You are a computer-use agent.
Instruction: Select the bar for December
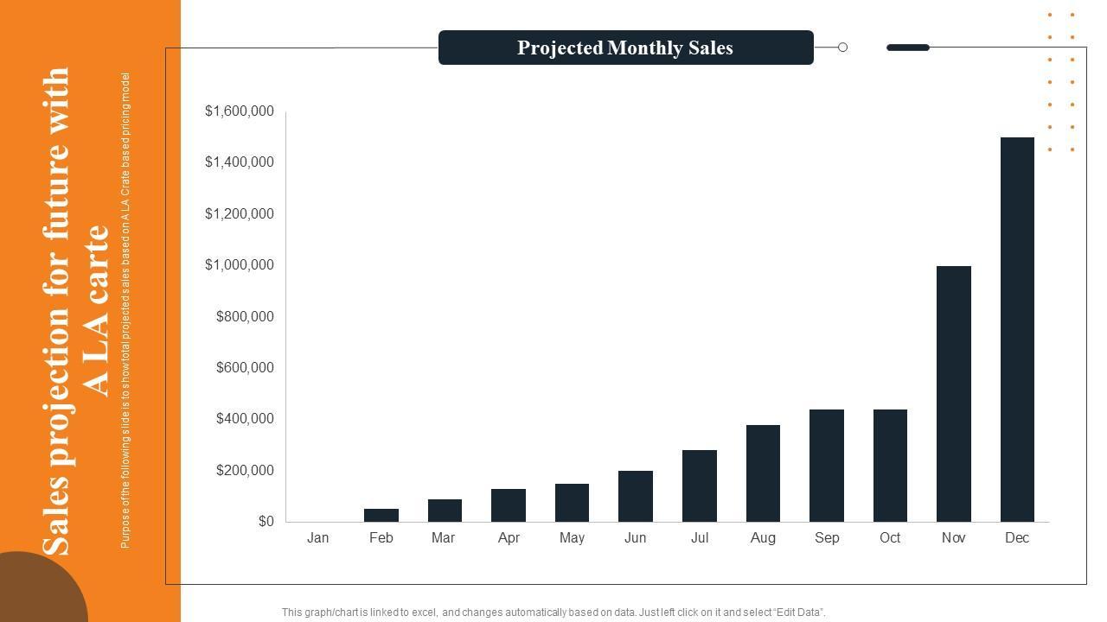pos(1017,329)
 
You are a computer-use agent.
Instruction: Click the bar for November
pos(953,394)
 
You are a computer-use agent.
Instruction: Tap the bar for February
pos(381,515)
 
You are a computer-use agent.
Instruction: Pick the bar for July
pos(699,486)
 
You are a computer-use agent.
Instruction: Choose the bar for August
pos(763,473)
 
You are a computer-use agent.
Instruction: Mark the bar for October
pos(890,466)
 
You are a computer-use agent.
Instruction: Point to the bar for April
pos(509,505)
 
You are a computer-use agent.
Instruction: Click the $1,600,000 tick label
pos(240,111)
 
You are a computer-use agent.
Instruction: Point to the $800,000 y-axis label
pos(245,316)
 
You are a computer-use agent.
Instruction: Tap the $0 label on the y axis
pos(266,522)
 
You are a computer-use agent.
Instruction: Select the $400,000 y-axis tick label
pos(245,419)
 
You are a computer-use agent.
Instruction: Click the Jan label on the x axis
pos(317,538)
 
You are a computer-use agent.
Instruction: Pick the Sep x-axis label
pos(827,538)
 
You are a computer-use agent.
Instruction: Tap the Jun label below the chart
pos(636,538)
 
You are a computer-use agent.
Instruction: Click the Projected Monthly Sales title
pos(625,48)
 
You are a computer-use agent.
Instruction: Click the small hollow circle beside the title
pos(842,48)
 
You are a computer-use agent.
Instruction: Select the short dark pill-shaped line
pos(908,48)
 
